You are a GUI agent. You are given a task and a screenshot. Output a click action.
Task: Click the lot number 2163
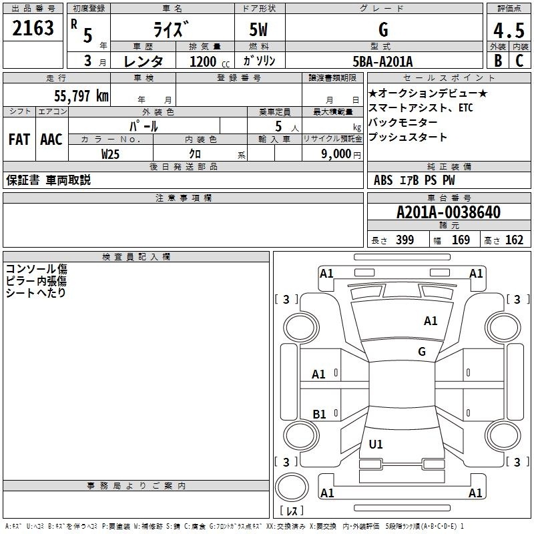[33, 28]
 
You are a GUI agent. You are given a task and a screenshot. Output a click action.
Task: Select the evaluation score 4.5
[509, 31]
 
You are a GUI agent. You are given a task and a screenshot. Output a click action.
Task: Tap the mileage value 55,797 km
[81, 96]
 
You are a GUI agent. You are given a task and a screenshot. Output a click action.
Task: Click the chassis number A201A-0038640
[449, 212]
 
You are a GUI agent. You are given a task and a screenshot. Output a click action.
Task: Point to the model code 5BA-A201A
[382, 61]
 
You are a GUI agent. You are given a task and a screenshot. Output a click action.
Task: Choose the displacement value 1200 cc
[210, 61]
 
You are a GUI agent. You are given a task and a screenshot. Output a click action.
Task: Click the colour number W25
[110, 154]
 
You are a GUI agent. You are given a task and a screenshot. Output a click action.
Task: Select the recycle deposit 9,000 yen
[341, 154]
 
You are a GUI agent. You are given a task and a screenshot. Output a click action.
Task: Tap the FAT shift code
[19, 140]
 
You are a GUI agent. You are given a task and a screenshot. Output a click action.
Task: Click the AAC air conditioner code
[51, 140]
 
